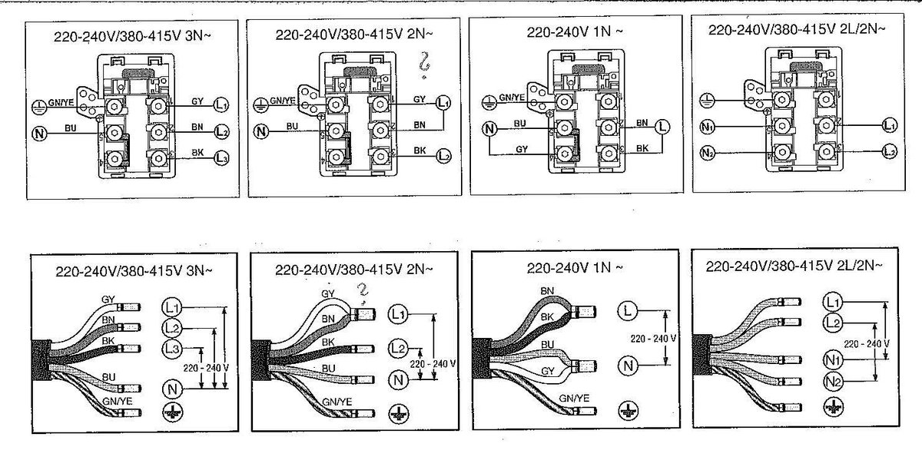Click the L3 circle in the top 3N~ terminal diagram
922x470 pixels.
click(x=221, y=158)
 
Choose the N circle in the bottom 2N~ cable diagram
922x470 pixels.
click(x=398, y=379)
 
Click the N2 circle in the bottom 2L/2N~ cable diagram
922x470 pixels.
click(x=832, y=381)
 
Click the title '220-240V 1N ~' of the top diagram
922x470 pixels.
click(x=572, y=33)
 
